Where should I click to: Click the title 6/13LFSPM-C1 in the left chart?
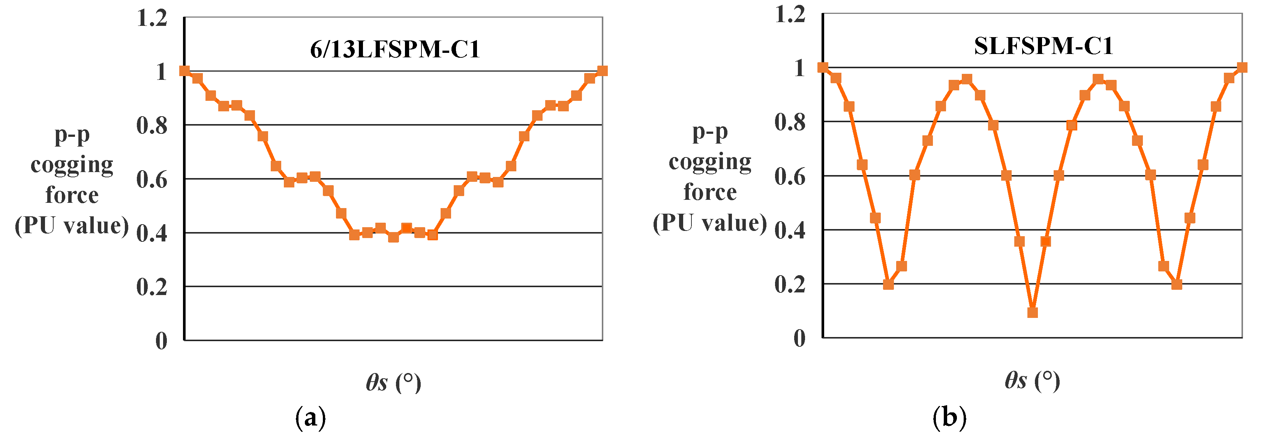[395, 49]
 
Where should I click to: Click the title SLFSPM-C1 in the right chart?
[1043, 46]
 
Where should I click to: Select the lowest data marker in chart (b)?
[1032, 312]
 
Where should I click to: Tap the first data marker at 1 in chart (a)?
[184, 70]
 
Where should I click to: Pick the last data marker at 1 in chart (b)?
[1242, 67]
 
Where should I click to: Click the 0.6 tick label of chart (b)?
[790, 177]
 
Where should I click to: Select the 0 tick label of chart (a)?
[162, 340]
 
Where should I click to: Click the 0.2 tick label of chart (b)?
[790, 285]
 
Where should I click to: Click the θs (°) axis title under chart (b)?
[1032, 380]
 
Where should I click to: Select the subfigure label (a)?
[310, 418]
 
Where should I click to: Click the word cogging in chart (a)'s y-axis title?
[72, 165]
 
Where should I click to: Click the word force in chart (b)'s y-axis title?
[710, 192]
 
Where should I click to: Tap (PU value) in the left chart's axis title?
[72, 226]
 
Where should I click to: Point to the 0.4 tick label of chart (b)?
[790, 231]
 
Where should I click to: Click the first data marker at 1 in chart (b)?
[823, 67]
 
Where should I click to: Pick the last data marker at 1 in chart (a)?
[603, 70]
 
